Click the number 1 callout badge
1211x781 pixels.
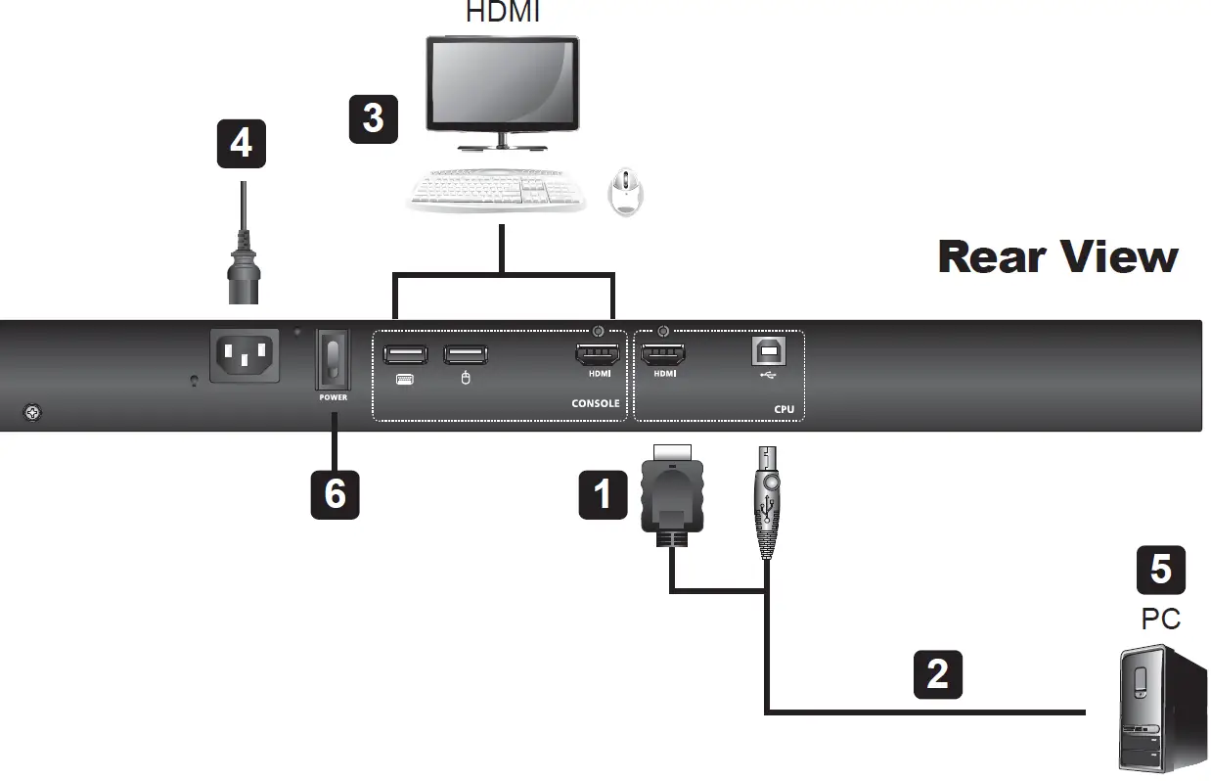(x=603, y=493)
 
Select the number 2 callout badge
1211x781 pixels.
(x=937, y=673)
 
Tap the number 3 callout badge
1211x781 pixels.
(x=373, y=117)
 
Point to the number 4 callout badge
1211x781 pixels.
(x=241, y=143)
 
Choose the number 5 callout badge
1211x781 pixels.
(x=1160, y=570)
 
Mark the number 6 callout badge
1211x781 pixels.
(x=335, y=493)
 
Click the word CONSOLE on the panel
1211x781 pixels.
(x=595, y=403)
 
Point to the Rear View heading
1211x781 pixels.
(x=1057, y=256)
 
